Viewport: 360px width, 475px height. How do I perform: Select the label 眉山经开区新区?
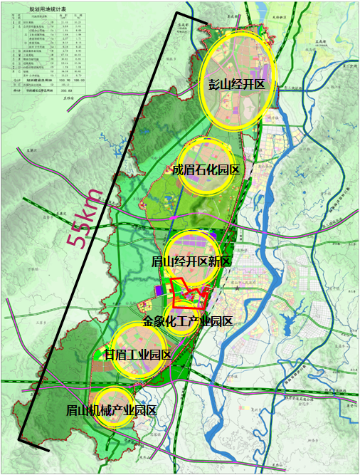pos(192,261)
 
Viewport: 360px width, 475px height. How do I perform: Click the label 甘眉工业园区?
pos(138,354)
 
